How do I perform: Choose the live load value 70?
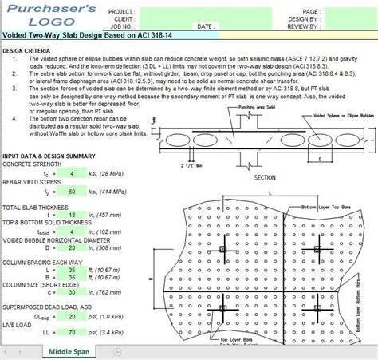tap(73, 332)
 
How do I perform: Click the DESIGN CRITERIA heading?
tap(26, 50)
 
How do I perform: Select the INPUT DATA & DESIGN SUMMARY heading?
tap(50, 156)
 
